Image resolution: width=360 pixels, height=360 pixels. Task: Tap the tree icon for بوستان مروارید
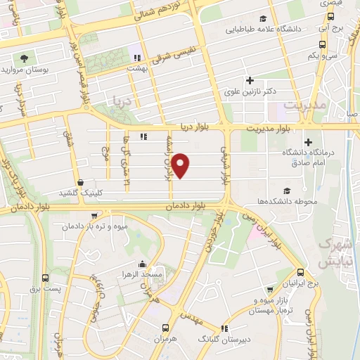click(25, 58)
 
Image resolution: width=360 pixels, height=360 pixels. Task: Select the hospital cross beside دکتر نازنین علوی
click(248, 81)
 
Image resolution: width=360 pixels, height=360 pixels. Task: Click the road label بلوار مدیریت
click(269, 129)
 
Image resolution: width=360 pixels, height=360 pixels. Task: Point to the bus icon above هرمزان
click(165, 328)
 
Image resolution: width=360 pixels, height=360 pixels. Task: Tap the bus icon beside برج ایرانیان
click(301, 272)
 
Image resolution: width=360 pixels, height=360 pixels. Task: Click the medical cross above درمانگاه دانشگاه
click(308, 143)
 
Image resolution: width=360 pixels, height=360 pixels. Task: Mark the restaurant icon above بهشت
click(139, 58)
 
